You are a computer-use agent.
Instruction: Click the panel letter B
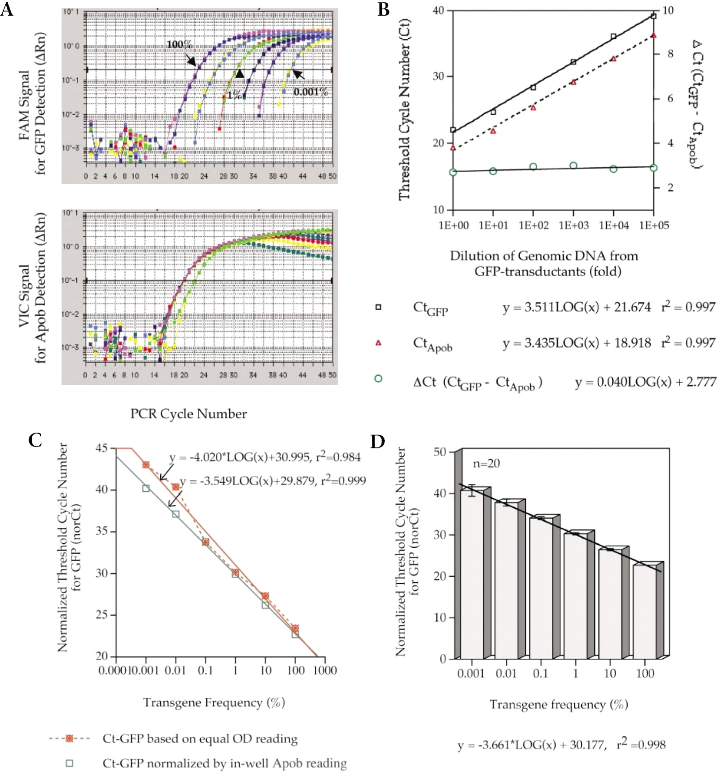pos(383,9)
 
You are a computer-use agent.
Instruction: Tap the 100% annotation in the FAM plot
pos(179,44)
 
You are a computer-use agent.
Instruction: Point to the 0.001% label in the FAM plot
pos(311,92)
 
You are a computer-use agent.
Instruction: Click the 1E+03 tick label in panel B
pos(574,225)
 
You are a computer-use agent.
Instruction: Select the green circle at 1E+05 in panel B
pos(654,168)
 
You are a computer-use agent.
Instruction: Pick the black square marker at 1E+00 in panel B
pos(453,130)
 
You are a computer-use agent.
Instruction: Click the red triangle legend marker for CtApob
pos(378,343)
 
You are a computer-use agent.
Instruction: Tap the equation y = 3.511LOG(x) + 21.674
pos(576,307)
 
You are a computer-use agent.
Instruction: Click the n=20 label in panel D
pos(486,464)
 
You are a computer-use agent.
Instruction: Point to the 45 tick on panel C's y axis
pos(102,448)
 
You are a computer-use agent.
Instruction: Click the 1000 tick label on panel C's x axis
pos(325,670)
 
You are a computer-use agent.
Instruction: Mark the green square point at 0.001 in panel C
pos(146,488)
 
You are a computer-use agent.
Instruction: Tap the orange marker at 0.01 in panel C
pos(176,487)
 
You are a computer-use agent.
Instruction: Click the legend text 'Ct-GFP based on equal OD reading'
pos(200,739)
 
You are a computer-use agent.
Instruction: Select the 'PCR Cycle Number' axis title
pos(188,414)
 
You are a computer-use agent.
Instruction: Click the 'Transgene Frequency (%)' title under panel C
pos(214,702)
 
